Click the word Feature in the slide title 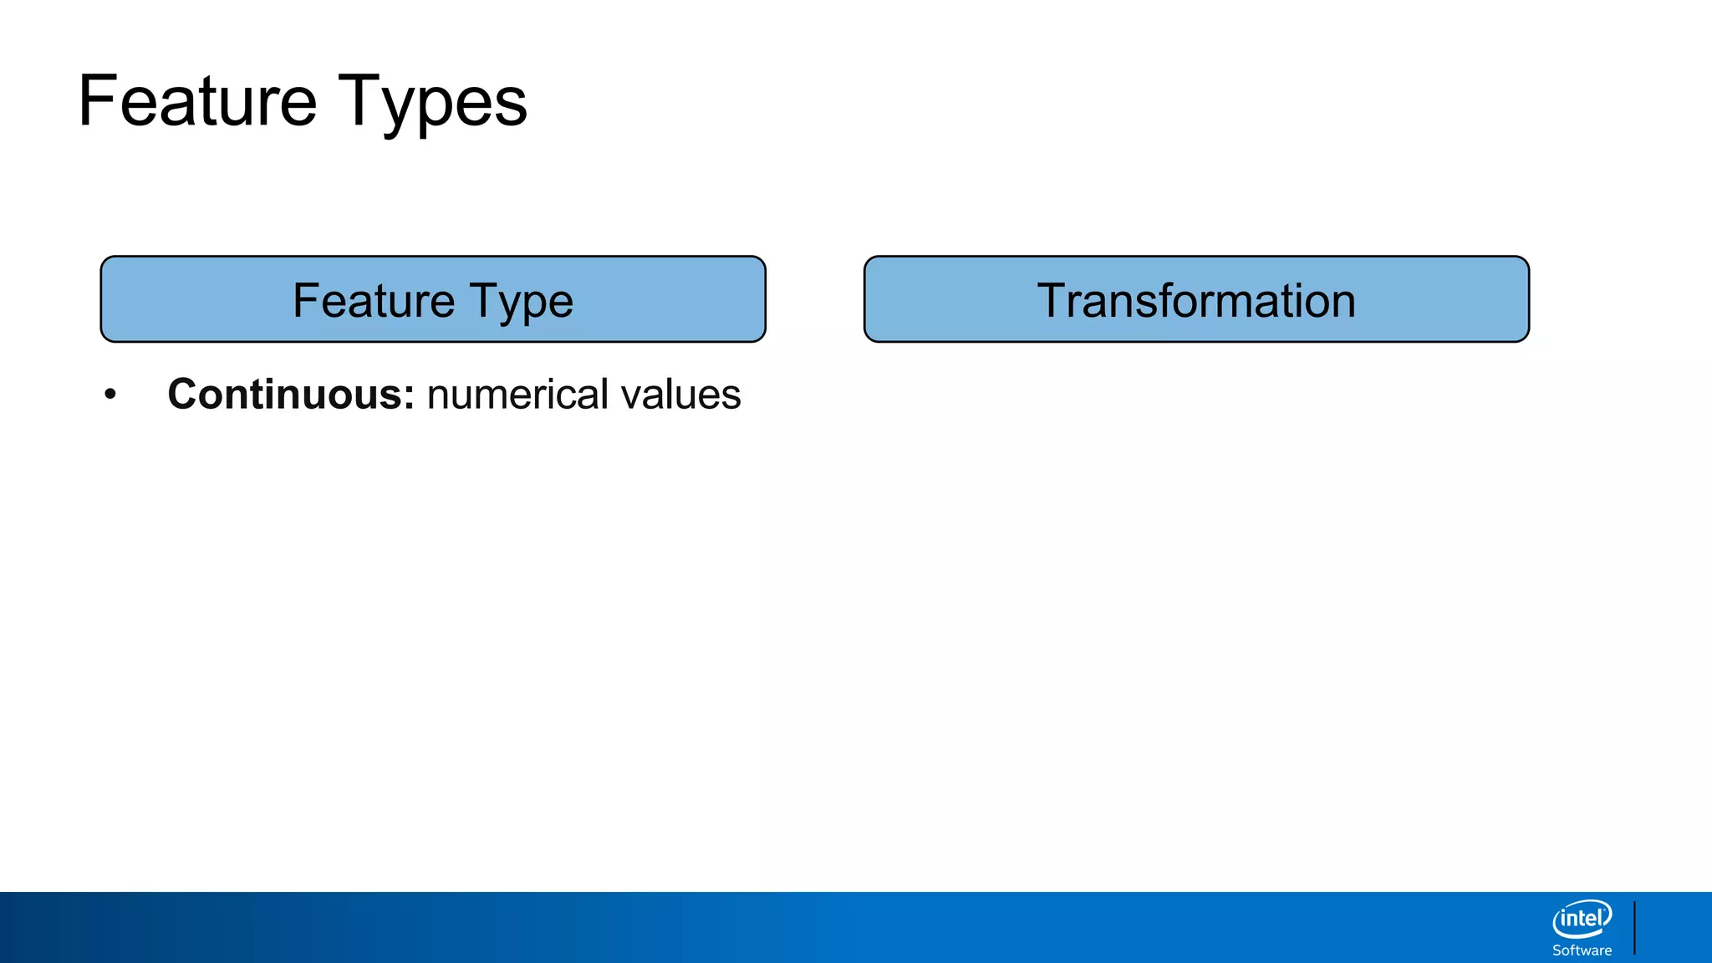(x=197, y=101)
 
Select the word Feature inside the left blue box (x=373, y=300)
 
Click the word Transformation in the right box (x=1196, y=300)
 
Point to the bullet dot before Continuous (x=110, y=395)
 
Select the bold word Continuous (x=285, y=394)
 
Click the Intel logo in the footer (x=1582, y=920)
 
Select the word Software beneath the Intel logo (x=1582, y=950)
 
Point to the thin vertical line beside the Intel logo (x=1634, y=927)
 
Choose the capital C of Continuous (x=183, y=394)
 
